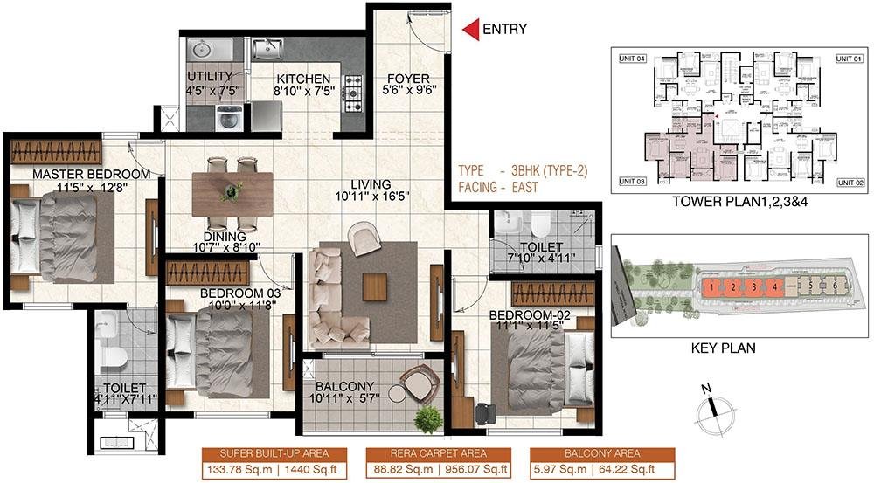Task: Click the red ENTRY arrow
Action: [470, 30]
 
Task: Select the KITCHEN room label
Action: [302, 79]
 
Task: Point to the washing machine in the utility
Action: [229, 117]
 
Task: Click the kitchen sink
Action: [267, 50]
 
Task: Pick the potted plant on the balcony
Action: [427, 419]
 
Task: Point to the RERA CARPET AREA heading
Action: [438, 453]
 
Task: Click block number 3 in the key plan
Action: [753, 286]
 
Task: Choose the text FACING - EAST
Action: [507, 187]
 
